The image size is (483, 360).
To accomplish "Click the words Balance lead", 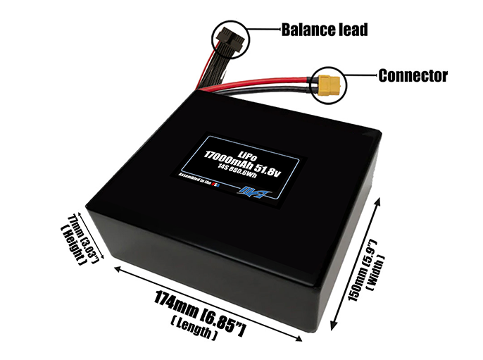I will pyautogui.click(x=325, y=30).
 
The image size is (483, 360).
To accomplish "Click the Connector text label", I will pyautogui.click(x=413, y=75).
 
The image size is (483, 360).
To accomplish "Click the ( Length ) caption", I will pyautogui.click(x=192, y=330).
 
